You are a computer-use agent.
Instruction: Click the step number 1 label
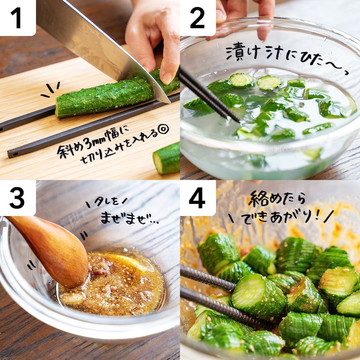16,18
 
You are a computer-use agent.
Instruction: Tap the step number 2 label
197,18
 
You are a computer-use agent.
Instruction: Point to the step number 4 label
197,198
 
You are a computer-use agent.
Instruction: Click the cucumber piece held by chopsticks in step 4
258,297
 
